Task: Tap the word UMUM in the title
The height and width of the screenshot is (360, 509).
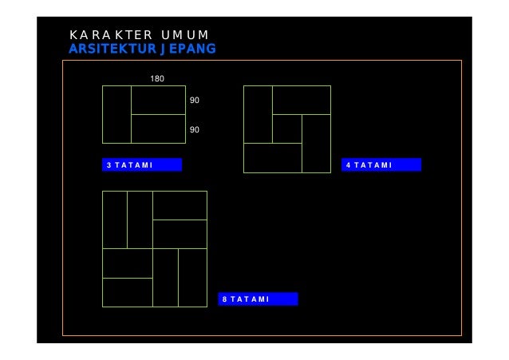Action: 184,35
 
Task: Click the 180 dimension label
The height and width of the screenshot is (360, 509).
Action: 158,78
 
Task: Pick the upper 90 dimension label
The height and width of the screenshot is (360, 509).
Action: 195,101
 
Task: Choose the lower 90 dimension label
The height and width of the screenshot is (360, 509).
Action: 195,129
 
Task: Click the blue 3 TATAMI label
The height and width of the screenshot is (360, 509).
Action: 142,165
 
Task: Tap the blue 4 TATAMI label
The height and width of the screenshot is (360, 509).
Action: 381,165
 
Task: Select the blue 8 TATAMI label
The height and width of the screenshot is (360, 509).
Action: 258,299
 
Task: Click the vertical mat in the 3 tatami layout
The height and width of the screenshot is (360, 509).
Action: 116,114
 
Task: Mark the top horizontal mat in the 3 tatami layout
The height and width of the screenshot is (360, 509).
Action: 158,100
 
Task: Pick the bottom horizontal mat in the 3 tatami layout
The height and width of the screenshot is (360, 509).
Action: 158,129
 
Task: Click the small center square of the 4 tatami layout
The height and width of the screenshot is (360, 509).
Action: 287,129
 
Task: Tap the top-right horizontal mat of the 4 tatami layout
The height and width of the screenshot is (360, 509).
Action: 302,100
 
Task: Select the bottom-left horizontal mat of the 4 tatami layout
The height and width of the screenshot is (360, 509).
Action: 272,158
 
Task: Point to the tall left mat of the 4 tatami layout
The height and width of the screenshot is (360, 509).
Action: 258,114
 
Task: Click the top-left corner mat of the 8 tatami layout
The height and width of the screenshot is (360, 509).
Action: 115,220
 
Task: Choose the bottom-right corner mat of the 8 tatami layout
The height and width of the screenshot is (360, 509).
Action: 192,278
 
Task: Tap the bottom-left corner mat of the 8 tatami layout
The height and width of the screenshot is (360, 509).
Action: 128,292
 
